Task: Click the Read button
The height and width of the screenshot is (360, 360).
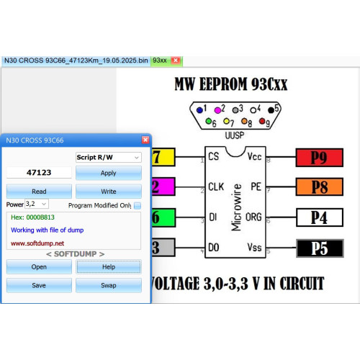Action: pyautogui.click(x=39, y=192)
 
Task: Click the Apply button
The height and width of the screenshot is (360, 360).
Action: pyautogui.click(x=109, y=173)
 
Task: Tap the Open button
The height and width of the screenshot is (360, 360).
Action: pyautogui.click(x=39, y=266)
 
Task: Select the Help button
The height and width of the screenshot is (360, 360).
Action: pyautogui.click(x=109, y=266)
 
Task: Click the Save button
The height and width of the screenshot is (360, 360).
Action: pyautogui.click(x=39, y=285)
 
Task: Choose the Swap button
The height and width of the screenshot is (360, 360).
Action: pyautogui.click(x=109, y=285)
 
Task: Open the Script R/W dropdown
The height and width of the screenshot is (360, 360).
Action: pyautogui.click(x=109, y=158)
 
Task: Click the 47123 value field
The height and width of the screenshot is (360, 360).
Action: pyautogui.click(x=39, y=173)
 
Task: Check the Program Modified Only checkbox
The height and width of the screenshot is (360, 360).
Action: pyautogui.click(x=138, y=205)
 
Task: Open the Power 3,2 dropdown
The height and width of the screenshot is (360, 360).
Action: pyautogui.click(x=37, y=204)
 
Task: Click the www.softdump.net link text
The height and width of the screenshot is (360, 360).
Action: pyautogui.click(x=37, y=243)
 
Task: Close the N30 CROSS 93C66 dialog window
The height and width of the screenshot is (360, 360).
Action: pyautogui.click(x=145, y=140)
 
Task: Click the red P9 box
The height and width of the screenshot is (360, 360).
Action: pyautogui.click(x=320, y=158)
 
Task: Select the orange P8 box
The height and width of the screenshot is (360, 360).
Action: pyautogui.click(x=320, y=186)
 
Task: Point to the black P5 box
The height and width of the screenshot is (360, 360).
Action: pyautogui.click(x=320, y=248)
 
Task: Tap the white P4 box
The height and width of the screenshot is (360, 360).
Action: pyautogui.click(x=320, y=217)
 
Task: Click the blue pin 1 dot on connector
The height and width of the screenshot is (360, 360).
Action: pyautogui.click(x=199, y=110)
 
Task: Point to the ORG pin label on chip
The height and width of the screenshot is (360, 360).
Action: pyautogui.click(x=253, y=217)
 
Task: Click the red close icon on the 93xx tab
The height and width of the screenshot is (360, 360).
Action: pyautogui.click(x=176, y=60)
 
